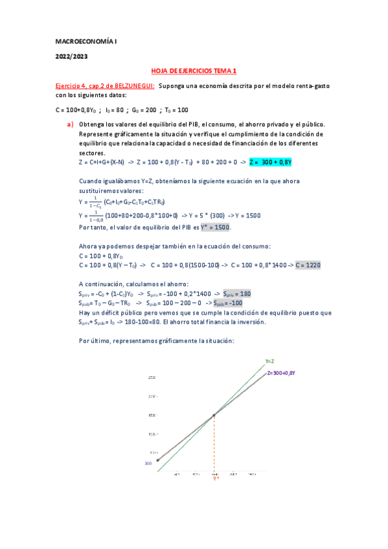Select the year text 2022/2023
71,56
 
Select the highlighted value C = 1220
308,265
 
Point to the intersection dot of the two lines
214,416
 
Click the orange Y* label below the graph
216,479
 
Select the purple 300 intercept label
149,464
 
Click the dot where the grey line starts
157,460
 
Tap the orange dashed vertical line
214,447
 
